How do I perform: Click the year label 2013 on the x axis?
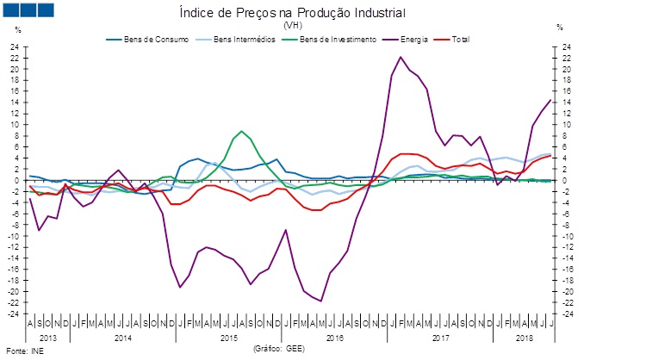[x=47, y=338]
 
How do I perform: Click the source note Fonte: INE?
[x=24, y=351]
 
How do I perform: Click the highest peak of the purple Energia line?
[x=401, y=57]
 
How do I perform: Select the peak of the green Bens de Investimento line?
[x=242, y=131]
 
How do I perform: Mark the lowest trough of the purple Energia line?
[x=320, y=301]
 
